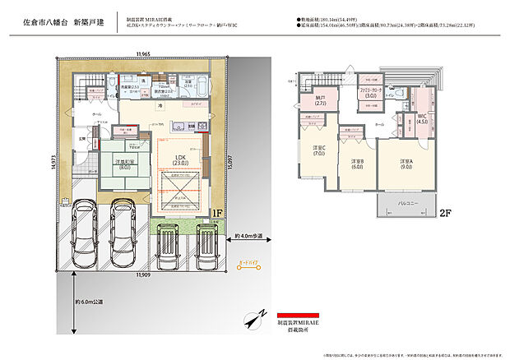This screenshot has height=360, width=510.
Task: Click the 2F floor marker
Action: [445, 212]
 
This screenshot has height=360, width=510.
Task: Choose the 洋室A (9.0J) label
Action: [406, 164]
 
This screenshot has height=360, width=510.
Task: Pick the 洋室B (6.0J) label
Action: [357, 164]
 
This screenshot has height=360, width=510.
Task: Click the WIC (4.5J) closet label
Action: [423, 120]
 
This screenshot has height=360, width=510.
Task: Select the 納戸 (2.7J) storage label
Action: [321, 102]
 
